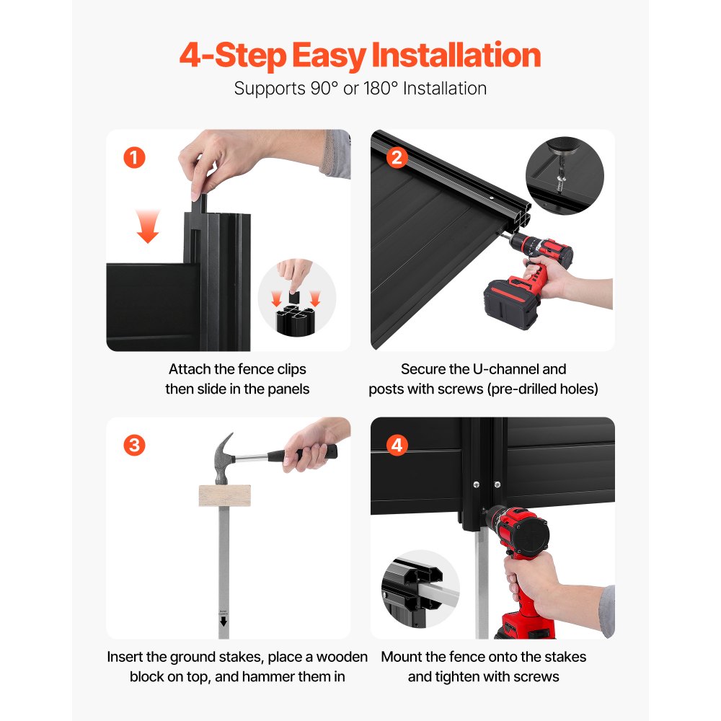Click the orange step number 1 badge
pos(134,158)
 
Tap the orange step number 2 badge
pos(397,158)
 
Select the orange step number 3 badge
pos(134,445)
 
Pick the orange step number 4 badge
pos(397,445)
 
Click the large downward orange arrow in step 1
pos(148,226)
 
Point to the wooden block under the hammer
pos(225,496)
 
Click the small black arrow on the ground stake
pos(224,622)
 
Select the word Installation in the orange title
pos(456,56)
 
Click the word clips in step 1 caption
pos(291,370)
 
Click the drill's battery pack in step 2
pos(510,304)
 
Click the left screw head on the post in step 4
pos(476,485)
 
